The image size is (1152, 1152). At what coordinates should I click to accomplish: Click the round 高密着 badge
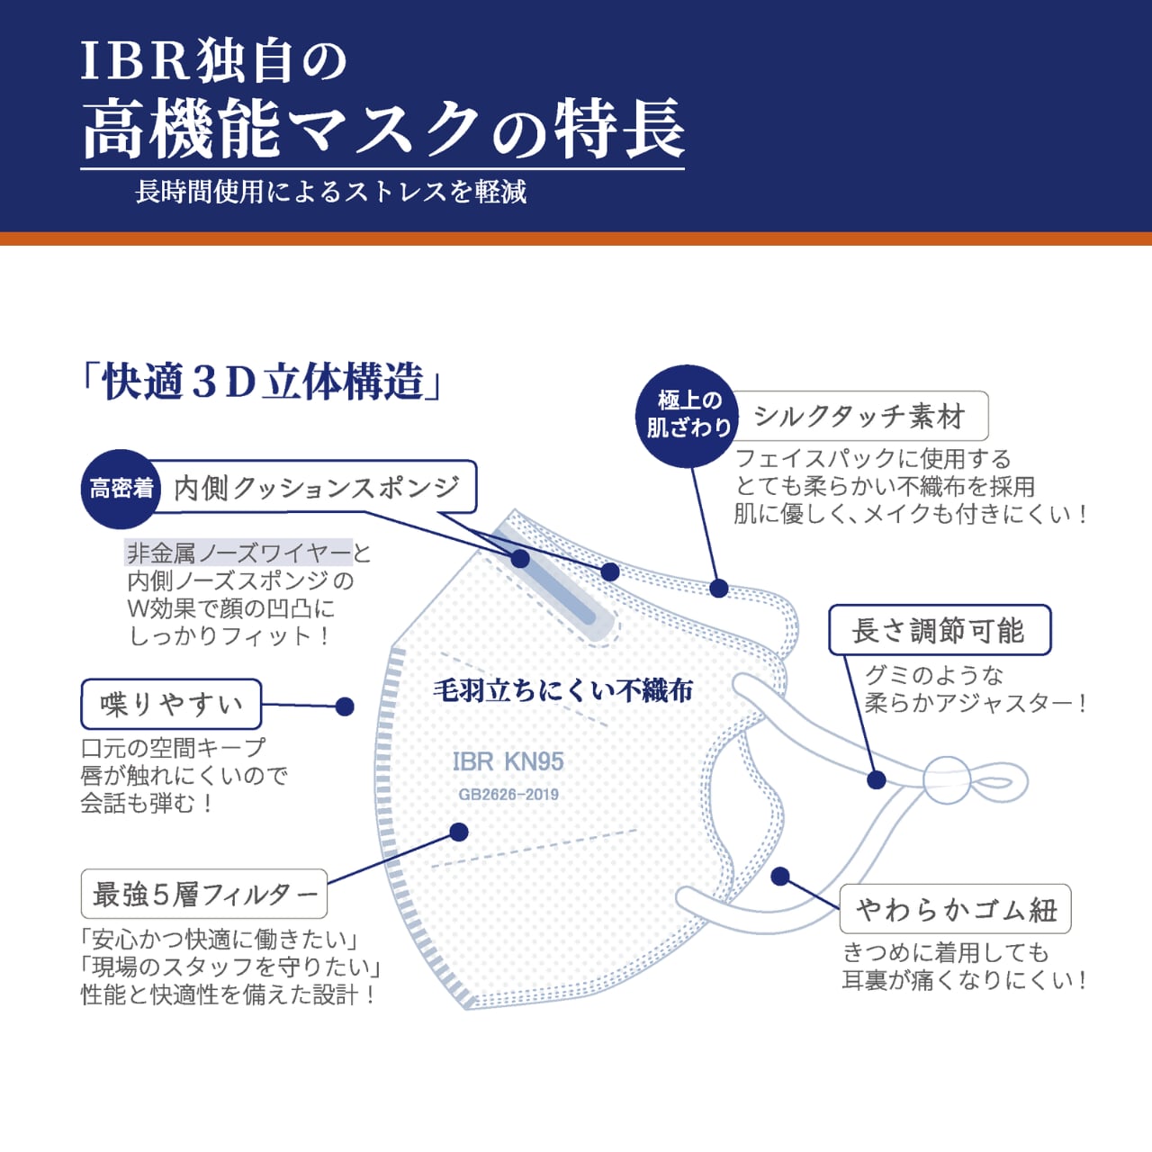point(121,489)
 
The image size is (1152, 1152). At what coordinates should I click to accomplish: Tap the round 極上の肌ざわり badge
point(688,415)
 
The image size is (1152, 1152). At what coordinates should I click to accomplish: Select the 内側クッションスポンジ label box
point(316,488)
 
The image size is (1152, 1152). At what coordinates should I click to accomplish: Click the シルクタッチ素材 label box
point(860,416)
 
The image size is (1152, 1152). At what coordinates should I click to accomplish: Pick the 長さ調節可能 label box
point(939,630)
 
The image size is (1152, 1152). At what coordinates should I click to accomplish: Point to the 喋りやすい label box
point(171,704)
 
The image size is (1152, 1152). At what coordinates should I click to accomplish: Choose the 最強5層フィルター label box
point(204,894)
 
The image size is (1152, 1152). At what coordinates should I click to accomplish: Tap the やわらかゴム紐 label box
point(955,909)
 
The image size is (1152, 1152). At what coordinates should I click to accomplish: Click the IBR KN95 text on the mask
point(508,761)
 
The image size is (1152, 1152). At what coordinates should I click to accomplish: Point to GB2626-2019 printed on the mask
point(508,795)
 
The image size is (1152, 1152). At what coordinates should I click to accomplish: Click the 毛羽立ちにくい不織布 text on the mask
point(563,690)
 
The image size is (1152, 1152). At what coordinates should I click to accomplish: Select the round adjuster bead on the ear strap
point(948,779)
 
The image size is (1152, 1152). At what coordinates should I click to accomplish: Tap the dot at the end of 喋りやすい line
point(344,706)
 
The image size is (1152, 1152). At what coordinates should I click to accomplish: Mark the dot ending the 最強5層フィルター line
point(459,832)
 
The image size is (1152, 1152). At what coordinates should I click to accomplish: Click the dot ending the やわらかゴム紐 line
point(780,876)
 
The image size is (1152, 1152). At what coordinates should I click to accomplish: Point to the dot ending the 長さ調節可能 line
point(876,779)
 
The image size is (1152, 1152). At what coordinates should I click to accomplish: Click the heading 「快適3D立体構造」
point(261,382)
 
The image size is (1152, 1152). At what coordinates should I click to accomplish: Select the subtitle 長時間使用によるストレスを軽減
point(330,192)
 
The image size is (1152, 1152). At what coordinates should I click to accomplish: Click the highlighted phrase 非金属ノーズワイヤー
point(238,553)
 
